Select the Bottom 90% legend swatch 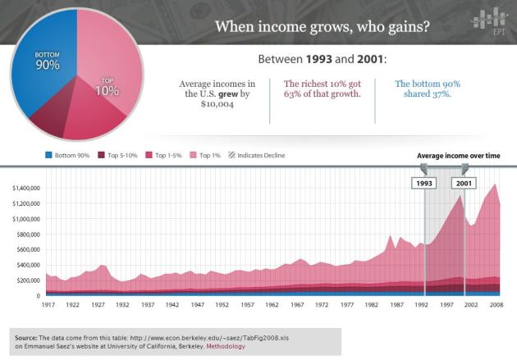48,154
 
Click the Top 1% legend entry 208,154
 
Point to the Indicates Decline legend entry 257,154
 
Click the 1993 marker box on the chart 423,184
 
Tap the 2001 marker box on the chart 464,184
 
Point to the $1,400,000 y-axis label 26,188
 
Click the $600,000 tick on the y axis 28,249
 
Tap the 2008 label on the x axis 496,303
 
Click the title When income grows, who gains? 321,26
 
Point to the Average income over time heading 458,155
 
